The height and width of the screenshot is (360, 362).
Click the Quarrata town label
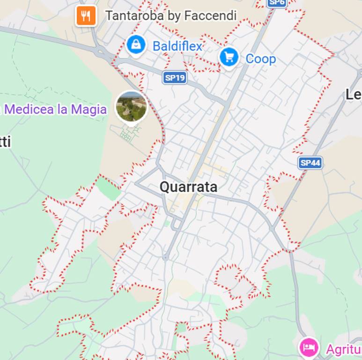pos(188,187)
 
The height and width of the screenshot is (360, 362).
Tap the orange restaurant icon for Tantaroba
pos(86,16)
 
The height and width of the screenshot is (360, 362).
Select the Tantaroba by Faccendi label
pos(171,15)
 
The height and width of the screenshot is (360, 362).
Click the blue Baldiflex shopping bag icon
pos(136,45)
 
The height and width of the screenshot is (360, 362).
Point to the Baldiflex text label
pos(177,46)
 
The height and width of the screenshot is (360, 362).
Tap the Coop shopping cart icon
pos(229,58)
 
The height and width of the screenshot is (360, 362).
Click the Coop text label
pos(260,59)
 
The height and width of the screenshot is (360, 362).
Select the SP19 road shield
pos(175,78)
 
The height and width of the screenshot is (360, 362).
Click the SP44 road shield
pos(310,163)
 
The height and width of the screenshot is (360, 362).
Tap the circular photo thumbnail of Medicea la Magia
pos(132,106)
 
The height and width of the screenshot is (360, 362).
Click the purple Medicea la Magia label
pos(55,110)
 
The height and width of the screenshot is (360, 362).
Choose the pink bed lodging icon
pos(309,348)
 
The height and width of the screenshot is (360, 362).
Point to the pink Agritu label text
pos(344,349)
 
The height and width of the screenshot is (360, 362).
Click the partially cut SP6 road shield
pos(276,3)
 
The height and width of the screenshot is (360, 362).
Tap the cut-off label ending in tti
pos(5,142)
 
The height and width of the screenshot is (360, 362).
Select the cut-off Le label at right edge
pos(354,95)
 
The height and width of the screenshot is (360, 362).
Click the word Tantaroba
pos(135,15)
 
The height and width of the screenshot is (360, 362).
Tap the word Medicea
pos(29,110)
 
